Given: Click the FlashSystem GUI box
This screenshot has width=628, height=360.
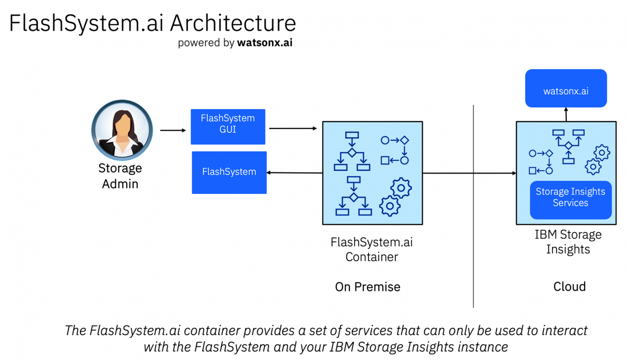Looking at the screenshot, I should [x=228, y=126].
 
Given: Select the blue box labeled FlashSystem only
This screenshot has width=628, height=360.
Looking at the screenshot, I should [x=229, y=172].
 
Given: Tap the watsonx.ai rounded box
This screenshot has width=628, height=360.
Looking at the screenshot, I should [x=566, y=89].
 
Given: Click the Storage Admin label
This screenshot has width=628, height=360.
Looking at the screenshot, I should [x=120, y=176].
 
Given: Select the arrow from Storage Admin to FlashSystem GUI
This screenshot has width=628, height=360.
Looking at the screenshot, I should [x=173, y=130].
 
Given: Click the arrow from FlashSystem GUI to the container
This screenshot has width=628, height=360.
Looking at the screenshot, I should [x=292, y=128].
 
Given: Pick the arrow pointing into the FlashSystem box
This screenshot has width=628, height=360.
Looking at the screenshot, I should [x=294, y=173].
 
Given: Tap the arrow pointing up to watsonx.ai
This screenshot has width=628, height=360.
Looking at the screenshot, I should [x=566, y=114].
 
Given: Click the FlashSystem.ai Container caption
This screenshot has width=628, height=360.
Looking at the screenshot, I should [x=371, y=249].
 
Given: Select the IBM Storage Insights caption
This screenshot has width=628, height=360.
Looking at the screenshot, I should [x=568, y=242].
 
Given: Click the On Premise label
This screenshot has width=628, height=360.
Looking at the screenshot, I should [x=367, y=287].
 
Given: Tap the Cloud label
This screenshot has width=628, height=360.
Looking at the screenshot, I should [x=569, y=287].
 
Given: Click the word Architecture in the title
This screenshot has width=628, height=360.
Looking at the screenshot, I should [x=233, y=23].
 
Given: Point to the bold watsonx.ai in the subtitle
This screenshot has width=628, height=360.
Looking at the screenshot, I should [x=265, y=43].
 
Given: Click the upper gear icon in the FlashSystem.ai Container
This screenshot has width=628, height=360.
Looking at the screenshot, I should [x=401, y=188].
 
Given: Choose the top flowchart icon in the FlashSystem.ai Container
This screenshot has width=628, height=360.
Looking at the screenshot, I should [x=352, y=151].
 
